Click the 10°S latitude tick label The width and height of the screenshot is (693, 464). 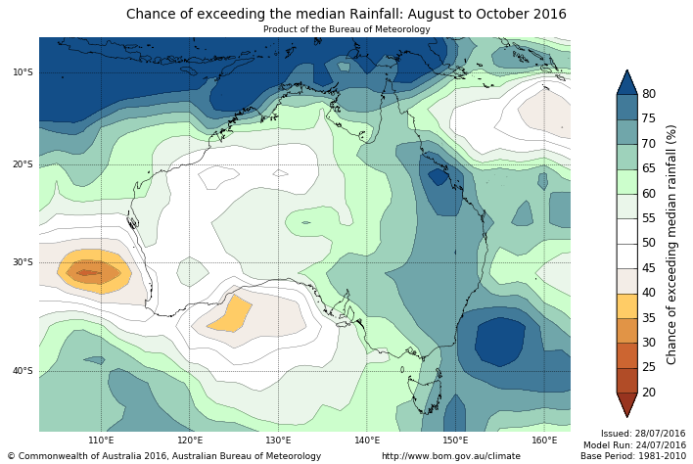click(23, 72)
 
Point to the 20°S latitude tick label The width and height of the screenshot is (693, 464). click(23, 164)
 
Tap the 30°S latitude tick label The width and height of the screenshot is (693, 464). click(23, 262)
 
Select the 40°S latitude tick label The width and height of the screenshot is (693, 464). click(23, 371)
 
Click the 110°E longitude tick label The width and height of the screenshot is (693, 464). click(101, 441)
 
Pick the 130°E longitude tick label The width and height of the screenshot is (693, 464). click(278, 441)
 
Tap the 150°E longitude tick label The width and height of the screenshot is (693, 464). click(455, 441)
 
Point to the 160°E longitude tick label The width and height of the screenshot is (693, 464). click(544, 441)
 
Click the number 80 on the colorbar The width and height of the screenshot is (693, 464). click(649, 94)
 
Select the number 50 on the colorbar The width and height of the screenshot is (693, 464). click(649, 243)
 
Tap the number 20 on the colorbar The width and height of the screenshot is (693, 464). click(649, 393)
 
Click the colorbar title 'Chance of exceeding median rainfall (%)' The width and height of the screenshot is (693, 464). click(672, 244)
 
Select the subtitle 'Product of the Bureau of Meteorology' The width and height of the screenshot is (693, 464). click(346, 29)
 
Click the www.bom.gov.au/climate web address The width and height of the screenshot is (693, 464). click(451, 456)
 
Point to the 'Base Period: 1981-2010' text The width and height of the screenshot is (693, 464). click(633, 456)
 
